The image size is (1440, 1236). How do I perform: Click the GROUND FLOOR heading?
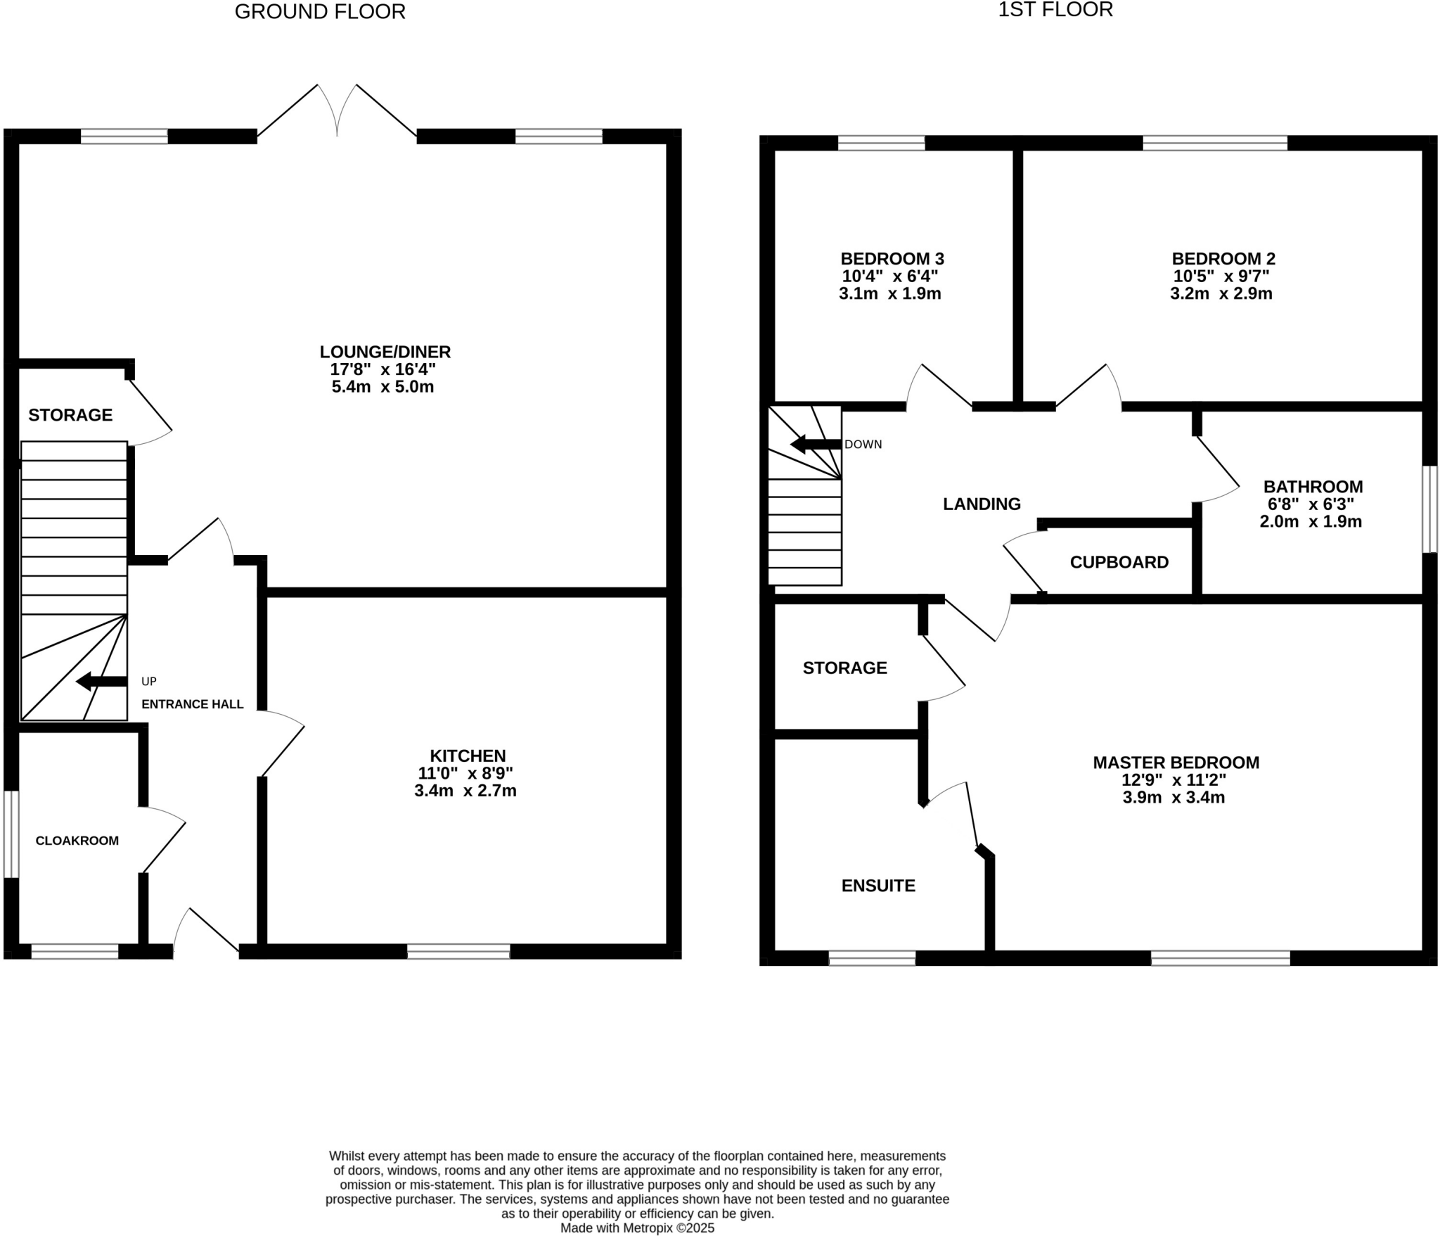(x=320, y=12)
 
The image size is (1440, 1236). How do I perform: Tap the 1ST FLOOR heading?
(x=1055, y=10)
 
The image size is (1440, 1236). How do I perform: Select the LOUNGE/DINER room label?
(x=385, y=352)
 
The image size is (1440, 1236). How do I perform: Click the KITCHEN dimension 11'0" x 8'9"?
(x=465, y=773)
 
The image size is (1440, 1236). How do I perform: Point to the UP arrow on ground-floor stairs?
(x=101, y=681)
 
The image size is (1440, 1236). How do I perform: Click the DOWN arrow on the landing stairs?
(x=816, y=444)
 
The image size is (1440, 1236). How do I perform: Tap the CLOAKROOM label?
(x=77, y=841)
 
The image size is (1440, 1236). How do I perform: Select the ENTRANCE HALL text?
(x=193, y=704)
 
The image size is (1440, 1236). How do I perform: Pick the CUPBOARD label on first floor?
(x=1119, y=562)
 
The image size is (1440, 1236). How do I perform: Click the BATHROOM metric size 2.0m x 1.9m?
(x=1311, y=521)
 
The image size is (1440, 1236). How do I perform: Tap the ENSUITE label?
(x=878, y=886)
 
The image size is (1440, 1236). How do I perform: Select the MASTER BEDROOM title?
(x=1176, y=763)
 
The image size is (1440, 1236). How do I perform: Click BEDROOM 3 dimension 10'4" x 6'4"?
(x=890, y=276)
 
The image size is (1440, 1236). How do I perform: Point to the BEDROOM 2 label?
(x=1223, y=259)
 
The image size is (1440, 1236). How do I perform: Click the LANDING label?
(x=982, y=504)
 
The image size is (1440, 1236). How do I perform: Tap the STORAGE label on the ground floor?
(x=70, y=415)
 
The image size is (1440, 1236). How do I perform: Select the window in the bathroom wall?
(x=1429, y=509)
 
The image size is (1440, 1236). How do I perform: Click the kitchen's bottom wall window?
(x=458, y=952)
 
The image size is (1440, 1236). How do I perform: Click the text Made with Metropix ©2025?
(x=637, y=1228)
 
